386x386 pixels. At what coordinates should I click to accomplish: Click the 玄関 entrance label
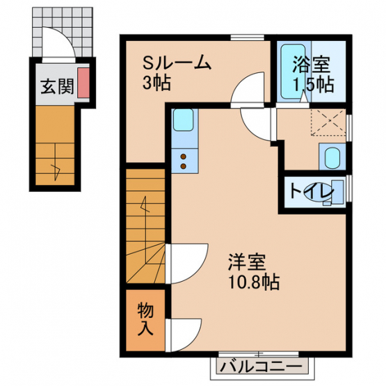(x=57, y=86)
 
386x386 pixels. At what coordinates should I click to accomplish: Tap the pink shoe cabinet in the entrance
(x=83, y=83)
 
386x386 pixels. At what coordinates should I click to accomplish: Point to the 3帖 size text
(x=156, y=83)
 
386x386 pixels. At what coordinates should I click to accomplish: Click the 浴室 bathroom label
(x=311, y=65)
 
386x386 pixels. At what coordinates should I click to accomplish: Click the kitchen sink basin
(x=183, y=120)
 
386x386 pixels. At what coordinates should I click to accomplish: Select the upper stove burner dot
(x=184, y=156)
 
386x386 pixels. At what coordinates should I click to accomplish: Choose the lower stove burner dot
(x=184, y=166)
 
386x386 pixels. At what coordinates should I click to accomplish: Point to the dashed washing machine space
(x=328, y=122)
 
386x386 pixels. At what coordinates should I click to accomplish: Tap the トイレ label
(x=312, y=191)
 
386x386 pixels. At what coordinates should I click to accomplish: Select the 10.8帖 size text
(x=254, y=282)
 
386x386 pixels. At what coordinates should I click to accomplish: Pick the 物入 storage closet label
(x=145, y=319)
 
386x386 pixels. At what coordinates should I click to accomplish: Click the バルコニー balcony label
(x=261, y=367)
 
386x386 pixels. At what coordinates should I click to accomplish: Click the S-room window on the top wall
(x=248, y=38)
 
